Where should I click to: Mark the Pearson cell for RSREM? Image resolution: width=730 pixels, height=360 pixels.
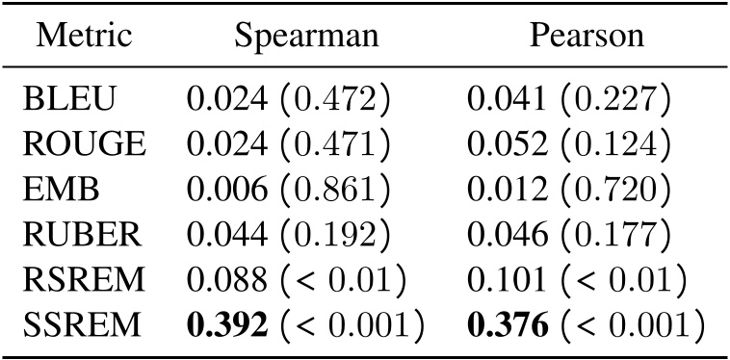click(x=576, y=281)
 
